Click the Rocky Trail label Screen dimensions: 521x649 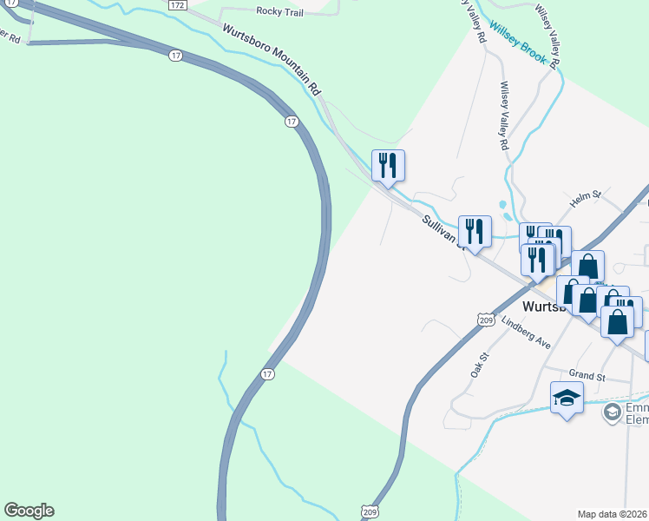278,11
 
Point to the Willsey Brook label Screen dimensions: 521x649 517,38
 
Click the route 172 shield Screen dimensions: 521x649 177,5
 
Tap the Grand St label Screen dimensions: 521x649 587,376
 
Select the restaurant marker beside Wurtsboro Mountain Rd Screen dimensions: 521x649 388,165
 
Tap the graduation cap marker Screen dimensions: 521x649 567,399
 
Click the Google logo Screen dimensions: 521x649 29,511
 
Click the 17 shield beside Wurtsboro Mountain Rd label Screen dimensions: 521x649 176,56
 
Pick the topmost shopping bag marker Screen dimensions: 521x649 588,265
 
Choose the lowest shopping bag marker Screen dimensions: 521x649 617,323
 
